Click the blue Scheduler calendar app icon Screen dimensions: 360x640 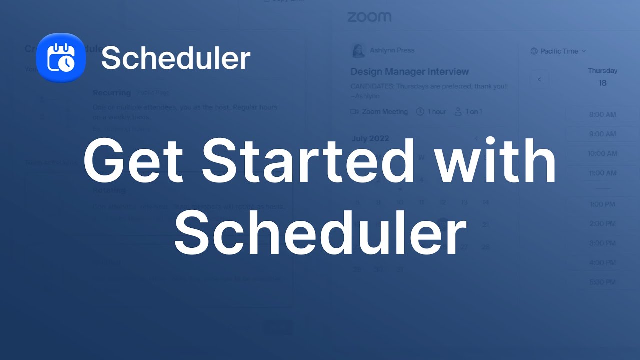pos(61,58)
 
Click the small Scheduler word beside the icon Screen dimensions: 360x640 pos(175,58)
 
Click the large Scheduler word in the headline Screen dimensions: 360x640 pos(320,231)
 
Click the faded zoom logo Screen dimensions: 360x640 pos(369,17)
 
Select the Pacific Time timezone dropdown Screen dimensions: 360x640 pos(558,51)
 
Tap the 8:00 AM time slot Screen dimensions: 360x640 pos(602,114)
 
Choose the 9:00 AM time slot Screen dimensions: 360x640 pos(602,134)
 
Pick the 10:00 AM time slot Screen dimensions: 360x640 pos(602,153)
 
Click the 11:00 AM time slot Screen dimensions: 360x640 pos(602,173)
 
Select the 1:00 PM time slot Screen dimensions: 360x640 pos(602,204)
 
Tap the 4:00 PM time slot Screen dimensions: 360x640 pos(602,262)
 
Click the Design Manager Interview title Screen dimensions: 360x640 pos(409,72)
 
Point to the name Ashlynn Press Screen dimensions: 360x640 pos(392,50)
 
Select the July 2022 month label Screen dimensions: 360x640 pos(370,138)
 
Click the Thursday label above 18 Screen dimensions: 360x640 pos(602,71)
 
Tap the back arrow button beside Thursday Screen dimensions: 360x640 pos(539,79)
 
